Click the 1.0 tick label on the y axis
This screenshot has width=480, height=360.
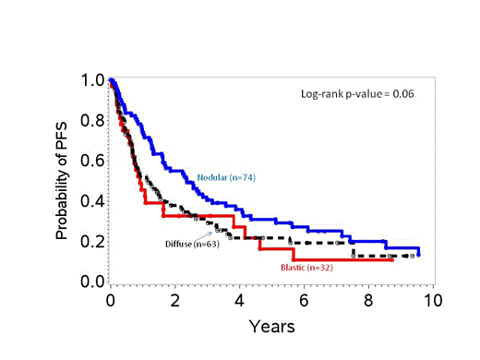(x=90, y=80)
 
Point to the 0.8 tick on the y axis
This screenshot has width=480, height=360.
(x=90, y=120)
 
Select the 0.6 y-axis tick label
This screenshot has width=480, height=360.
(x=90, y=161)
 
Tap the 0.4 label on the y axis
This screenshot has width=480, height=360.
(x=90, y=201)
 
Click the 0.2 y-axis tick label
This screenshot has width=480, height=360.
(x=90, y=241)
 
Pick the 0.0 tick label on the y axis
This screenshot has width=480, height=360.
(x=90, y=281)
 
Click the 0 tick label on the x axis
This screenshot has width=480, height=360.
(x=111, y=301)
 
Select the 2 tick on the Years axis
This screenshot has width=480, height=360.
(x=175, y=301)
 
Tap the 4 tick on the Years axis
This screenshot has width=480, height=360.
(x=240, y=301)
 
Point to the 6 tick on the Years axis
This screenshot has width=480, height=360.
(x=304, y=301)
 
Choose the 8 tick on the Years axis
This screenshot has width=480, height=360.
(x=368, y=301)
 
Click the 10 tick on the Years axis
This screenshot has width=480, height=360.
(x=432, y=301)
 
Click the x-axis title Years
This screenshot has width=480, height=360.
(x=271, y=327)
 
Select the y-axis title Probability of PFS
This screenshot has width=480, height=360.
(x=63, y=181)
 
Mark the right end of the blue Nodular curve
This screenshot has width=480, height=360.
(x=419, y=255)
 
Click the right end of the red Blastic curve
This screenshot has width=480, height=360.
(x=393, y=260)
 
